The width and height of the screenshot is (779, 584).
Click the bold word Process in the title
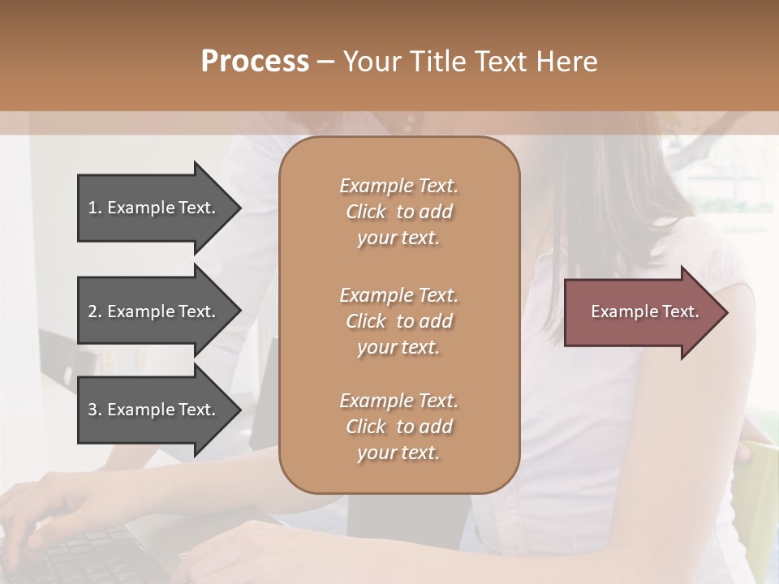(255, 62)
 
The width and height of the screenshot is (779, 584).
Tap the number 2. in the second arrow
(95, 311)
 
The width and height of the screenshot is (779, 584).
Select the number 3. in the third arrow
(95, 410)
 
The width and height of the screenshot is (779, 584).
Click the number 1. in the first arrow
(95, 208)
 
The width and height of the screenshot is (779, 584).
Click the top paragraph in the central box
(398, 212)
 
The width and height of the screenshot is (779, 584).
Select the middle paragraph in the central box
(398, 321)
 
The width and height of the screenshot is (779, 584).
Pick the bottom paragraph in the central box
(398, 427)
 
